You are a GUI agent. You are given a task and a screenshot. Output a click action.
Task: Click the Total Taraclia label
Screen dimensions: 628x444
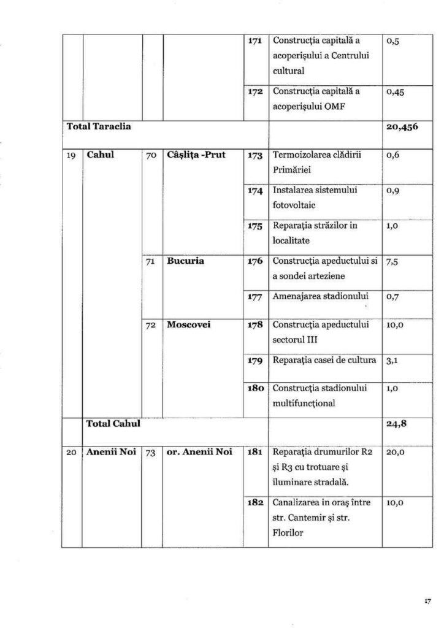100,128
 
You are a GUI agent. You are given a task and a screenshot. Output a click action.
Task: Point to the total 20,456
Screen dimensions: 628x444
402,128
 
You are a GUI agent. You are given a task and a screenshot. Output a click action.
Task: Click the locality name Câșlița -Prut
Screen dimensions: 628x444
196,155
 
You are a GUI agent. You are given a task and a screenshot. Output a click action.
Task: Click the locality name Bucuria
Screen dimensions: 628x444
185,261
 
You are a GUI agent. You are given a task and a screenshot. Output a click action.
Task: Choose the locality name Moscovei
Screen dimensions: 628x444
188,324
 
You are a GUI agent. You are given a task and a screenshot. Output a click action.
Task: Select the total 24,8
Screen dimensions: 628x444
396,423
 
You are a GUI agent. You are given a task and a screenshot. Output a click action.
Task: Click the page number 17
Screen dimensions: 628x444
427,602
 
